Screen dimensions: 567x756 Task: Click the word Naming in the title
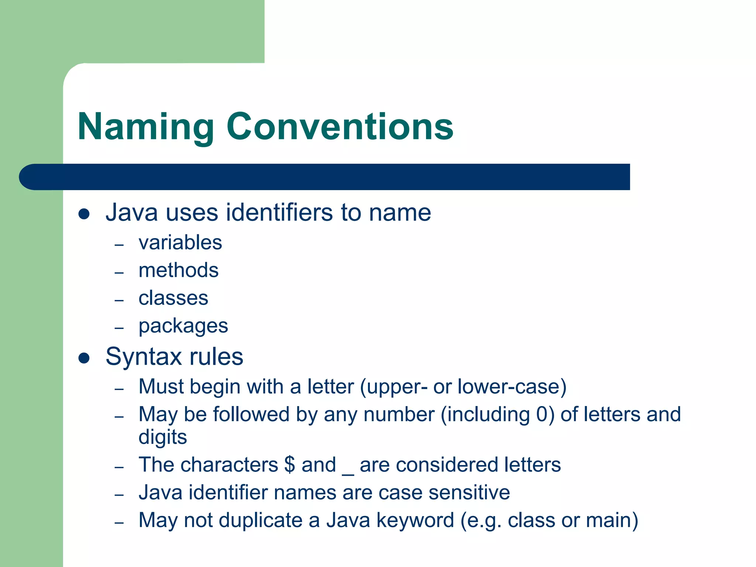(146, 127)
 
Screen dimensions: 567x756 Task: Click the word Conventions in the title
(340, 127)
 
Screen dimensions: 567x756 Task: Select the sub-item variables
(180, 243)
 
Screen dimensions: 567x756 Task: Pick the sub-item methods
(178, 270)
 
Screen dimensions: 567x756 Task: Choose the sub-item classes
(173, 298)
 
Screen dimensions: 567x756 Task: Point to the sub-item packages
(183, 326)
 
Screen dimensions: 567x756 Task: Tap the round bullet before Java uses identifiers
(84, 214)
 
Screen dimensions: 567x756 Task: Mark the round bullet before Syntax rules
(84, 358)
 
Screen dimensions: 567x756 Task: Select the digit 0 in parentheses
(542, 414)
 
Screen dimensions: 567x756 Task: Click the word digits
(162, 437)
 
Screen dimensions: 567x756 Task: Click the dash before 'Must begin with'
(119, 389)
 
